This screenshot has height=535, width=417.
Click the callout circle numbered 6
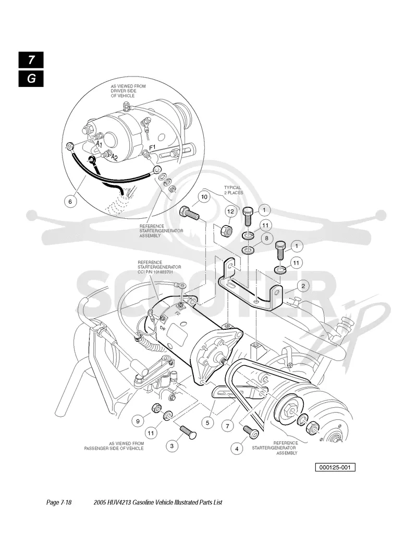coord(70,201)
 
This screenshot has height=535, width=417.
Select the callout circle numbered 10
coord(204,197)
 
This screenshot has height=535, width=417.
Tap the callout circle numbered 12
coord(231,211)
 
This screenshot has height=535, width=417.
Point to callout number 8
coord(267,238)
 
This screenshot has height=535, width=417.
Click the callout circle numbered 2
coord(303,286)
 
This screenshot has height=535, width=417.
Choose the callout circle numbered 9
coord(138,421)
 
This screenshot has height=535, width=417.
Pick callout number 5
coord(207,423)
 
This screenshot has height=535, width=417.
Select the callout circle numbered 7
coord(227,426)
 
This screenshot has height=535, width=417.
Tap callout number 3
coord(172,445)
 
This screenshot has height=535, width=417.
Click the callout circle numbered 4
coord(237,449)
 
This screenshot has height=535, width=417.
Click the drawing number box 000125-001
coord(335,467)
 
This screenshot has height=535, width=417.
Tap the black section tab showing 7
coord(31,60)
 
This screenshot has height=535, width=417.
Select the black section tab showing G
coord(31,79)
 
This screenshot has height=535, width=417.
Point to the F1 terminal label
coord(153,147)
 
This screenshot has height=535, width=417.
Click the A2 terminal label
coord(115,157)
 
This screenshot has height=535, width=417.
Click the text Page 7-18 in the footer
coord(59,502)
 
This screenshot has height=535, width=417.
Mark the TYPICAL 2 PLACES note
coord(234,190)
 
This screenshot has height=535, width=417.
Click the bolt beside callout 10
coord(189,213)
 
